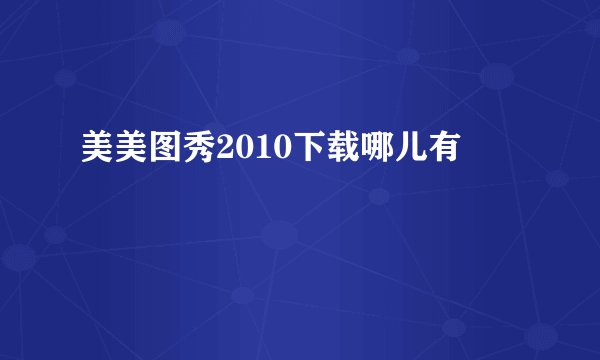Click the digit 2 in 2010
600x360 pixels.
pos(218,151)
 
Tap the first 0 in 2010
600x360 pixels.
pos(234,151)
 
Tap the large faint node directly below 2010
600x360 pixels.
pos(280,236)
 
